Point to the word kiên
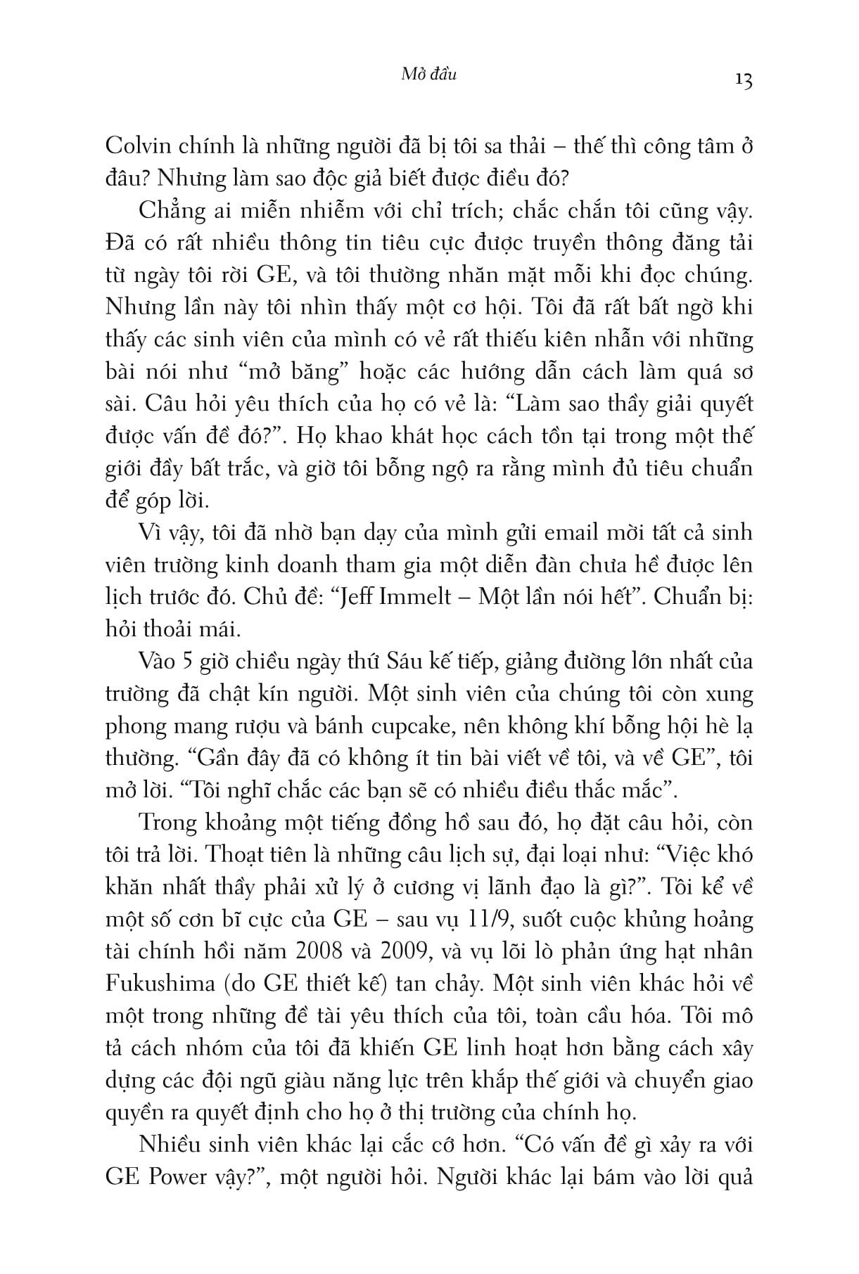click(554, 340)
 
